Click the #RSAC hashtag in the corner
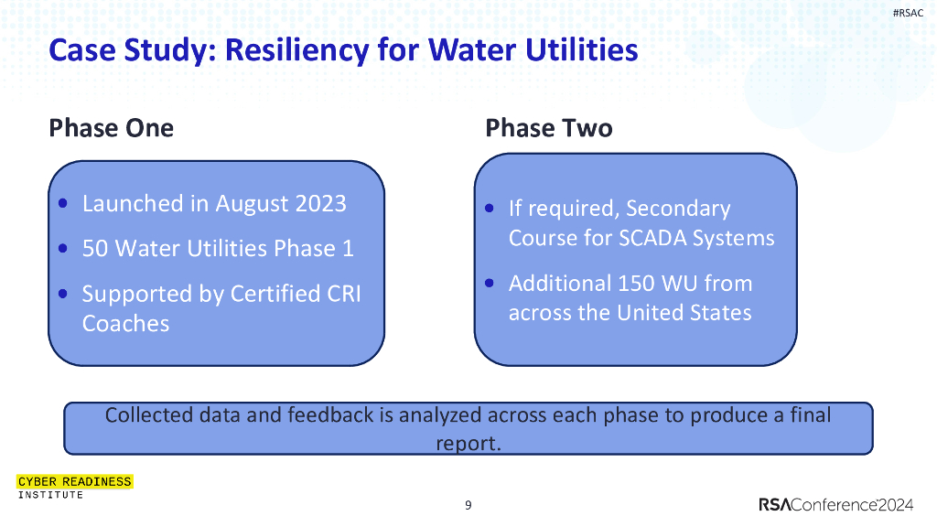[x=908, y=12]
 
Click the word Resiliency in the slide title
[x=295, y=49]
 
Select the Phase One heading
[x=111, y=128]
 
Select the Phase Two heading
[x=548, y=128]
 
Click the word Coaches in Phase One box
[x=125, y=324]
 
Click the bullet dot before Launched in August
[x=62, y=203]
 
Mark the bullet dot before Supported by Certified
[x=62, y=295]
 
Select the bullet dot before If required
[x=490, y=210]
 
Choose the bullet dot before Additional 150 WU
[x=490, y=284]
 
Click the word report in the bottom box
[x=468, y=444]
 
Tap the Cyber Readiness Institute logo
[x=74, y=487]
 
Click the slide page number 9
[x=468, y=505]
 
